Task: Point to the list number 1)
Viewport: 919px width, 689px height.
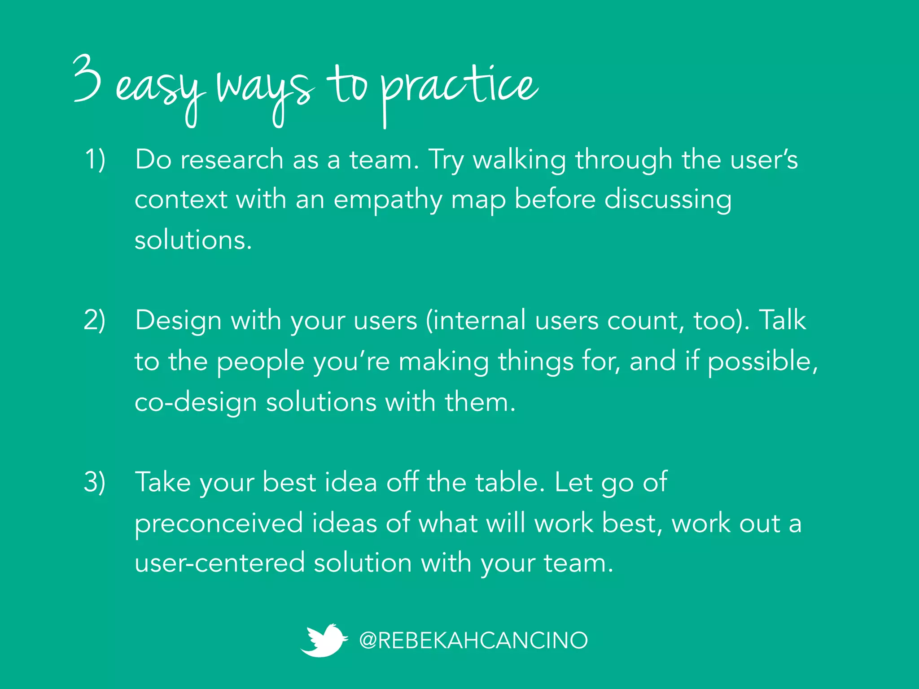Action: tap(95, 159)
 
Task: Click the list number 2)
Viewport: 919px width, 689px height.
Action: tap(95, 320)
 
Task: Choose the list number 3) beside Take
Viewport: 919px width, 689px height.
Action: tap(95, 482)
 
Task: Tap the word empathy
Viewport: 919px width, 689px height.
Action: tap(388, 201)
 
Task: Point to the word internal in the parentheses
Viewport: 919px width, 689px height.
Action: tap(476, 320)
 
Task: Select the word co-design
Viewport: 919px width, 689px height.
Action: tap(196, 402)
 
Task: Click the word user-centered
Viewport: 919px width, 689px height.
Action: tap(219, 563)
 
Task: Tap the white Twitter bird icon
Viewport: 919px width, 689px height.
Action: tap(324, 640)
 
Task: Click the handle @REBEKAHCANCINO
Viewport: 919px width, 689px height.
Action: tap(473, 641)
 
